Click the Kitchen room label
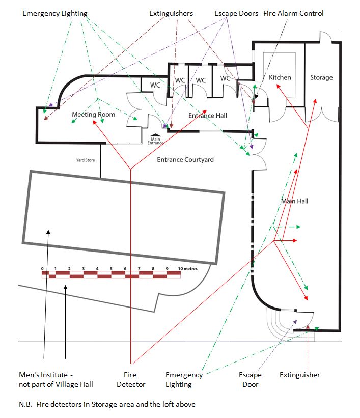click(x=280, y=77)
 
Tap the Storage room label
click(x=321, y=77)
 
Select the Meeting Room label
click(x=93, y=114)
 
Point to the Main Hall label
click(x=295, y=201)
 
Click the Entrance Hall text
click(x=208, y=116)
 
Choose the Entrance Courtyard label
click(x=185, y=159)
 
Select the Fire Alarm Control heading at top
click(x=293, y=13)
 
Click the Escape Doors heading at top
click(x=236, y=13)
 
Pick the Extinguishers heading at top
click(x=171, y=13)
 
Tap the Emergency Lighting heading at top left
click(x=54, y=13)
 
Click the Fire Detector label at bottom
click(x=131, y=379)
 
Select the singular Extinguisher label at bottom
click(x=300, y=375)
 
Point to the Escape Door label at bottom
click(x=250, y=379)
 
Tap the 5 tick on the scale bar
click(x=111, y=268)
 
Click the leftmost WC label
click(x=155, y=85)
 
